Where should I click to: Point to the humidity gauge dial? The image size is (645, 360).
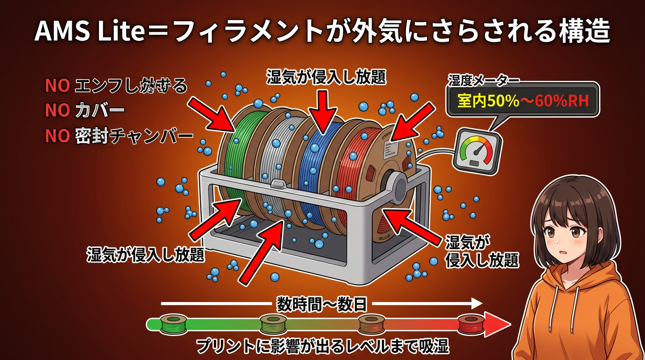click(x=476, y=150)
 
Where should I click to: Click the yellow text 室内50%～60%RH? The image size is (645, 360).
click(x=523, y=101)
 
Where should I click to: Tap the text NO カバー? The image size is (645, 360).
click(x=85, y=111)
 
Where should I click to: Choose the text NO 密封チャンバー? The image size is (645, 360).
click(x=119, y=136)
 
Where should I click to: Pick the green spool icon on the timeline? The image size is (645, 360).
click(x=174, y=323)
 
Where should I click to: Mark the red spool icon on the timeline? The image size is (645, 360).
click(x=470, y=324)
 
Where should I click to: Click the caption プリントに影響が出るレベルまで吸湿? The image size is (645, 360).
click(x=322, y=346)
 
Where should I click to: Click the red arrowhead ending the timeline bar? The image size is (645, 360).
click(x=499, y=324)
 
